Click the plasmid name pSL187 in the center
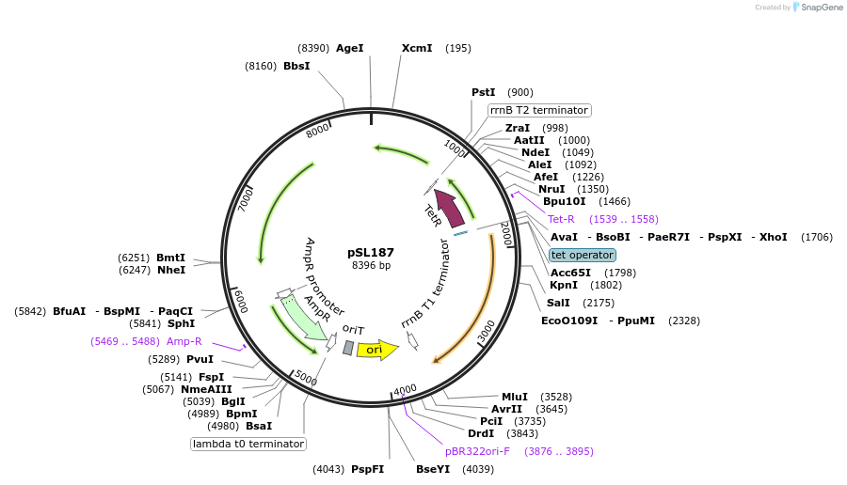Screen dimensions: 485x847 [x=371, y=252]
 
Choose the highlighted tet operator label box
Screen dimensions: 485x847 [x=583, y=255]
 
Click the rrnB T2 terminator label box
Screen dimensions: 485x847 [x=539, y=110]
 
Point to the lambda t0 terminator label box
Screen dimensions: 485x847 [x=248, y=444]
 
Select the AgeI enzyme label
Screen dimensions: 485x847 [x=349, y=48]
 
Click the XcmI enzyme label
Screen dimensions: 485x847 [x=417, y=48]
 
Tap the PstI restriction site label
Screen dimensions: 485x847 [x=483, y=92]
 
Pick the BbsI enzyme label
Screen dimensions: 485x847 [x=296, y=66]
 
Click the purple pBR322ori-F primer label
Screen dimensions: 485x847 [x=477, y=451]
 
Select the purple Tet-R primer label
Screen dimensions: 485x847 [x=561, y=219]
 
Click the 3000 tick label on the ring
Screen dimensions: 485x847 [x=486, y=331]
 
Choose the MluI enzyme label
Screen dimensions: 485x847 [x=515, y=397]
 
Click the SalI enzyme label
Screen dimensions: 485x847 [x=559, y=303]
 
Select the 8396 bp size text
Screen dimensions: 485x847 [x=371, y=266]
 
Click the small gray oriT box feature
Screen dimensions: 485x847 [x=348, y=348]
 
